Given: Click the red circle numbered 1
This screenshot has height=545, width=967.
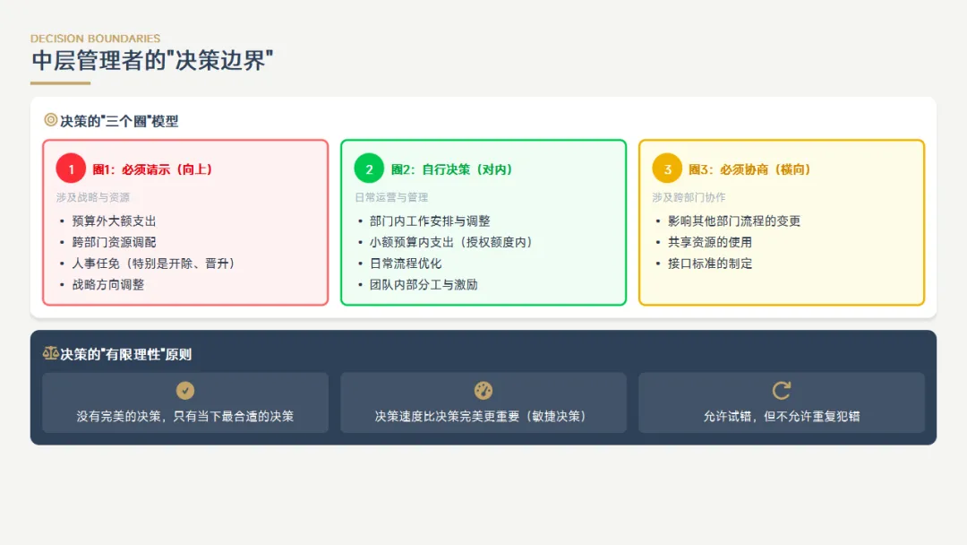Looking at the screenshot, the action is click(71, 169).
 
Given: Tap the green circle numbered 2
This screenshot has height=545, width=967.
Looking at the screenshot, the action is click(369, 169).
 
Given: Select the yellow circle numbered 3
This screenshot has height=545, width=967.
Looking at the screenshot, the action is click(667, 169).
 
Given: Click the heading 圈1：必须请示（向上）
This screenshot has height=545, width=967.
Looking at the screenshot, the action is click(152, 169).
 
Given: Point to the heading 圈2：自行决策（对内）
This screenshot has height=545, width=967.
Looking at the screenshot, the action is click(451, 169).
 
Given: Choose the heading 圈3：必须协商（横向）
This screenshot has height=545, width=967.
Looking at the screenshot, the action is click(749, 169).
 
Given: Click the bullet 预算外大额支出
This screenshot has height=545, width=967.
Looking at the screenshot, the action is click(115, 221).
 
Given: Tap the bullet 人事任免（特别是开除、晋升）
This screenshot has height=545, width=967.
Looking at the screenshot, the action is click(153, 264).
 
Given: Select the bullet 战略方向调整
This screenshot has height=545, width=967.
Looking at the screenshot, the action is click(108, 285).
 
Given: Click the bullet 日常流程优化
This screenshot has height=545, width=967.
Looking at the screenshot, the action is click(406, 264).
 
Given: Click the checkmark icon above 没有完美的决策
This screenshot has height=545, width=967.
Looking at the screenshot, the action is click(185, 391).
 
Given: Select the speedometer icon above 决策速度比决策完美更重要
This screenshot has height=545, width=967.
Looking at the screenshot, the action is click(483, 391).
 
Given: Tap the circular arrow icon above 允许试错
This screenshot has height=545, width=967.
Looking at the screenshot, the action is click(782, 391).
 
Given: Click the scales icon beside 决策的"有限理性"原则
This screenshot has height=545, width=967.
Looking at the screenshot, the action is click(51, 354).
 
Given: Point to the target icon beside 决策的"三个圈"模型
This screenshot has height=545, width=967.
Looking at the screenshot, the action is click(51, 120).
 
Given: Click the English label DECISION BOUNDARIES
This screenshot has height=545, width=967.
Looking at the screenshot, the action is click(95, 39).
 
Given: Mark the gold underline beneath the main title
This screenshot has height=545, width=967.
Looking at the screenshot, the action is click(60, 83).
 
